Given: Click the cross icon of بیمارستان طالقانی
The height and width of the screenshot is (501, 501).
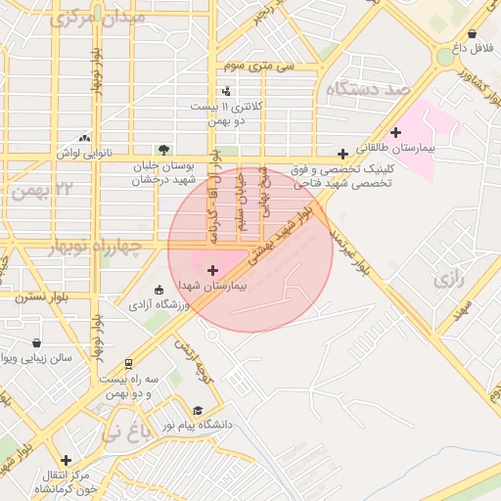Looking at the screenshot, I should [x=395, y=132].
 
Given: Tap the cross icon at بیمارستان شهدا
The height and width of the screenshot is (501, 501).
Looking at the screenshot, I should [x=212, y=268].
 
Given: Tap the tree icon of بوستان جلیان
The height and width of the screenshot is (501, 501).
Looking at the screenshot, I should [x=163, y=150].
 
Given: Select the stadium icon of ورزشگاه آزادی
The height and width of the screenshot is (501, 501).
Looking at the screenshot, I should [x=159, y=290].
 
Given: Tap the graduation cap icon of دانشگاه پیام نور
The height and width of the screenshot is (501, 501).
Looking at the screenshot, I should [x=198, y=411].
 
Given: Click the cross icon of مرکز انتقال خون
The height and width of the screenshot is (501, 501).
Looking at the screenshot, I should [x=66, y=460].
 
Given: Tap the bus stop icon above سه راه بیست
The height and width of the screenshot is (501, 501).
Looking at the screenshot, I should [x=127, y=363].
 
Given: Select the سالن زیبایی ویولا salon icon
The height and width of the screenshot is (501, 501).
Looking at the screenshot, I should [x=37, y=343].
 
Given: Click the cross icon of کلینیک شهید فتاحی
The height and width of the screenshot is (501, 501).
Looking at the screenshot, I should [x=342, y=154].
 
